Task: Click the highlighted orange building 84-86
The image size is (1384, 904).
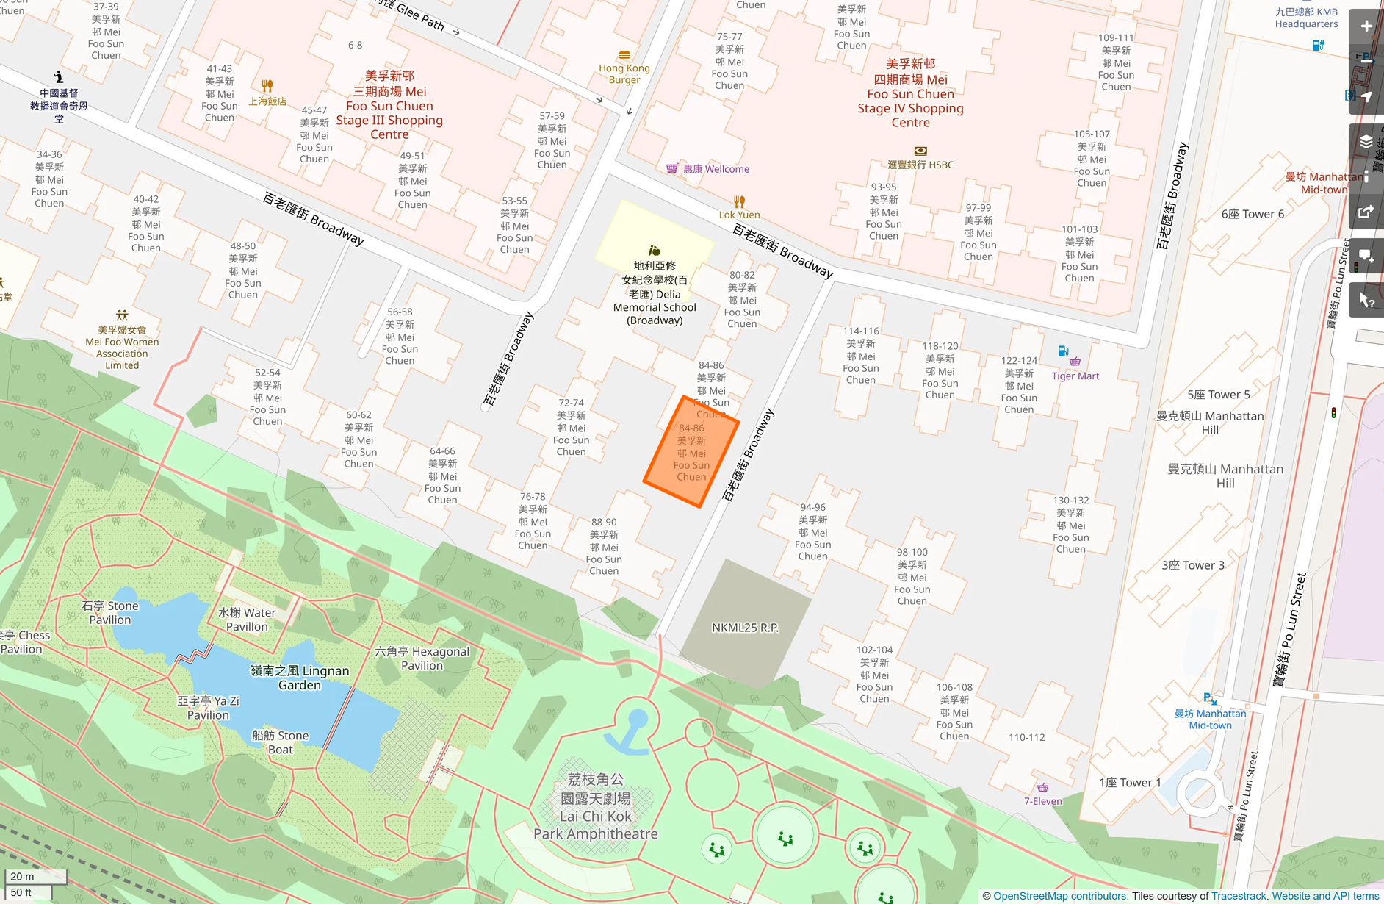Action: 691,452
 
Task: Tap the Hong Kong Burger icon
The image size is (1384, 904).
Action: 624,55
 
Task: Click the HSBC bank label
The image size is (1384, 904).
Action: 920,165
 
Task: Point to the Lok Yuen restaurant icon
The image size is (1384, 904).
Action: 739,201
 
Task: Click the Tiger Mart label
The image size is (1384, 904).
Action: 1075,376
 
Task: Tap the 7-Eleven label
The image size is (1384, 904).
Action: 1042,801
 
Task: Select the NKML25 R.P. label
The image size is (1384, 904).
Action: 745,628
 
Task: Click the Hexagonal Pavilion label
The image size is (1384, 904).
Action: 422,658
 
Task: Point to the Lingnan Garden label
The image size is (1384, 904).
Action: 300,678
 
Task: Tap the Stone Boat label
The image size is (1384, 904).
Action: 280,742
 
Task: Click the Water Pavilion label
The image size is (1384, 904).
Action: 247,619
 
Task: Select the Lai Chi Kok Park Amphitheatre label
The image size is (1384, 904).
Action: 595,806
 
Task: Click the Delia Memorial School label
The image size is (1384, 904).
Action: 655,293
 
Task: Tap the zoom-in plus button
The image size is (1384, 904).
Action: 1366,26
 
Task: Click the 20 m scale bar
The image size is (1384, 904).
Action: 35,876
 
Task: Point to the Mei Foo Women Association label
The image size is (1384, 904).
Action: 122,347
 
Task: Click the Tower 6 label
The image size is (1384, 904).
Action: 1253,214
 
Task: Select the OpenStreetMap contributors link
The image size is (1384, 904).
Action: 1059,896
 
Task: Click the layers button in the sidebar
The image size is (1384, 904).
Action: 1366,142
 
